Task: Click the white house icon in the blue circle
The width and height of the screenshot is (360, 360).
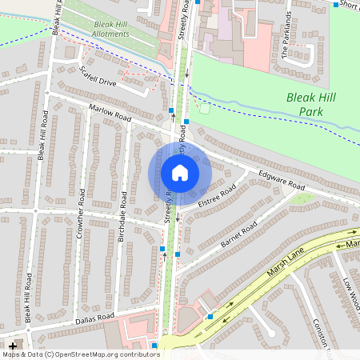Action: click(x=180, y=173)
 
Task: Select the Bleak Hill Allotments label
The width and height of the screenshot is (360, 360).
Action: click(x=110, y=30)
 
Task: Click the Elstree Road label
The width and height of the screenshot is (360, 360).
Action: click(x=217, y=196)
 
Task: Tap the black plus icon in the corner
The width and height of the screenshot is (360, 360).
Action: click(x=12, y=346)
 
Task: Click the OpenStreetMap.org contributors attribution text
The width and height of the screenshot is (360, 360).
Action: click(x=104, y=354)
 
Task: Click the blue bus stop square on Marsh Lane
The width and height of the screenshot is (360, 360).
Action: click(x=210, y=317)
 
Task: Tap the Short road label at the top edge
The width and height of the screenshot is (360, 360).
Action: click(x=349, y=5)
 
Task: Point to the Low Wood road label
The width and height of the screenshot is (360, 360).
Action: click(x=349, y=296)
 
